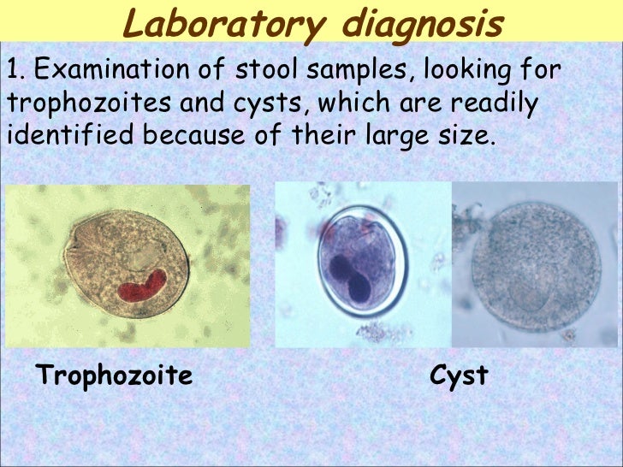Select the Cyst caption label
[x=459, y=375]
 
